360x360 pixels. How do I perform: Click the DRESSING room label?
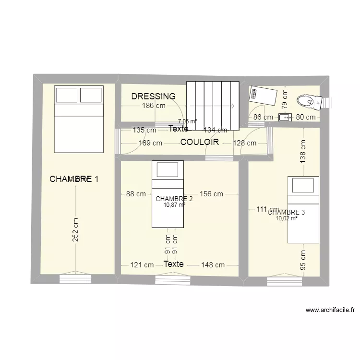[153, 96]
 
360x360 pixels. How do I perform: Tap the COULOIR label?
[200, 142]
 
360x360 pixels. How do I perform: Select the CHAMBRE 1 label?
[74, 179]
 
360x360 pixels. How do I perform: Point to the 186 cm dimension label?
[154, 106]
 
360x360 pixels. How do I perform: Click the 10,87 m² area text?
[174, 205]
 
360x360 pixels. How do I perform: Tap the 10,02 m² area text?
[287, 218]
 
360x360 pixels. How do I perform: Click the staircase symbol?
[213, 106]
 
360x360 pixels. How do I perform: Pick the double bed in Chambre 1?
[79, 119]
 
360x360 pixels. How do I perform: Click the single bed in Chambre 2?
[168, 194]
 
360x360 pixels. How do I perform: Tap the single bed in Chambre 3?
[303, 210]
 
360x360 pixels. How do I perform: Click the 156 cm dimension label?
[211, 194]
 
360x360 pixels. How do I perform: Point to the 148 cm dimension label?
[213, 264]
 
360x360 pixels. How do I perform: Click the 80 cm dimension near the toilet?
[305, 117]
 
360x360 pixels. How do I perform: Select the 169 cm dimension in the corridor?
[150, 143]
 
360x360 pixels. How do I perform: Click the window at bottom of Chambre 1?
[75, 278]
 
